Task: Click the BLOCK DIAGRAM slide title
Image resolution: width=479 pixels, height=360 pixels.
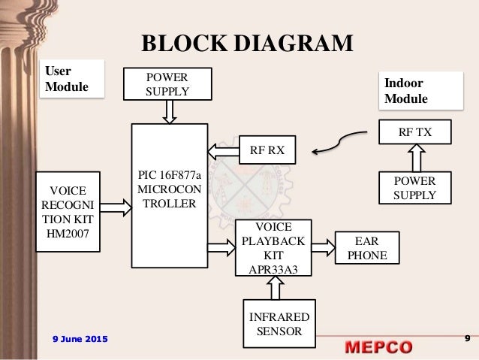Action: [247, 43]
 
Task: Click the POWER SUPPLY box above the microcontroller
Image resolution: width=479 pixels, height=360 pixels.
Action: [169, 84]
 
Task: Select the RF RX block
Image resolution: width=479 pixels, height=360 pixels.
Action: [267, 150]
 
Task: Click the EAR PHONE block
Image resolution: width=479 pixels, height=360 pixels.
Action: [366, 248]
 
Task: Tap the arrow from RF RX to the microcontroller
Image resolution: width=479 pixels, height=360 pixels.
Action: [223, 150]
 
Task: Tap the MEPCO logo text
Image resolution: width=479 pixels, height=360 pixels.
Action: [379, 347]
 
